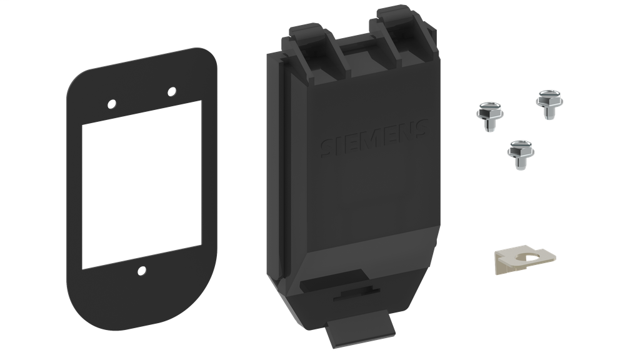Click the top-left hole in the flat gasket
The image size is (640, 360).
112,103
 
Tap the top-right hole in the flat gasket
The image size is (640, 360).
172,92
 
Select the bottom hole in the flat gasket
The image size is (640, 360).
142,271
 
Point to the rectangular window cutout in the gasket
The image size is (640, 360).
142,184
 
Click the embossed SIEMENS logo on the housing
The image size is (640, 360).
374,139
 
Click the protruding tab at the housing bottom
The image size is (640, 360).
361,327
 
